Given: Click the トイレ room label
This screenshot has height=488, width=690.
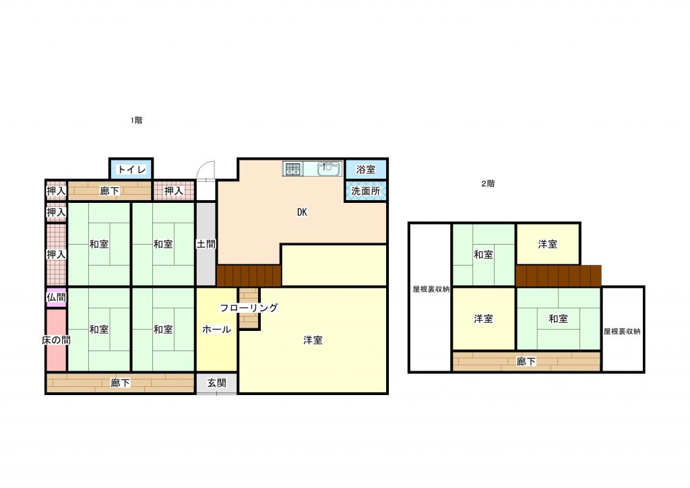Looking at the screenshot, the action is tap(131, 169).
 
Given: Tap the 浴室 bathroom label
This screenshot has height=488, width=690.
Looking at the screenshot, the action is tap(366, 169).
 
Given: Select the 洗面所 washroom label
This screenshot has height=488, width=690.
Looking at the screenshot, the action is tap(366, 191).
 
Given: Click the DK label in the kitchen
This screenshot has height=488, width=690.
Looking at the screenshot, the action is tap(302, 212).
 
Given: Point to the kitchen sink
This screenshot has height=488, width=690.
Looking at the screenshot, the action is tap(329, 169).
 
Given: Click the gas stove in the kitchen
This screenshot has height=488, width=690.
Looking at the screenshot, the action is tap(292, 169).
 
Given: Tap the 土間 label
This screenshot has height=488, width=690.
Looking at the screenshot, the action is tap(206, 244).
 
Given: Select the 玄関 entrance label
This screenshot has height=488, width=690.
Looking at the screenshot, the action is tap(216, 384).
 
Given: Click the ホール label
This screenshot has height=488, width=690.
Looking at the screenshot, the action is tap(216, 329).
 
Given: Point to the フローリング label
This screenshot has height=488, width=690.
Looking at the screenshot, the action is tap(249, 307).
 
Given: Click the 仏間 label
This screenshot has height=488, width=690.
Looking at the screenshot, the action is tap(57, 297).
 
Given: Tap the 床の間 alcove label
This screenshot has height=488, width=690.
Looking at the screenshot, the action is tap(57, 340).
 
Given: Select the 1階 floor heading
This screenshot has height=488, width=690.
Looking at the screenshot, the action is tap(136, 120).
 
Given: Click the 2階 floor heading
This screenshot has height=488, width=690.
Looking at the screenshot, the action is tap(488, 184).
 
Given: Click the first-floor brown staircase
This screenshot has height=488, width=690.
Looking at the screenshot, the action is tap(249, 276).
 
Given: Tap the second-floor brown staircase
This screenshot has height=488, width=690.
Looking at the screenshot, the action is tap(559, 276).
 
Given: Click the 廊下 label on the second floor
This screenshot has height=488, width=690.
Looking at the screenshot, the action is tap(526, 362).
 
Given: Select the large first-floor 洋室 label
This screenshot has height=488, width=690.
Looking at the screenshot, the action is tap(313, 340).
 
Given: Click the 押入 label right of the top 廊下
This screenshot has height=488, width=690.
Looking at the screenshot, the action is tap(174, 191).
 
